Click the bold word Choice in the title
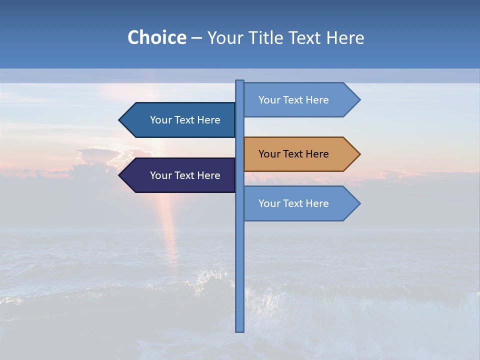coord(156,38)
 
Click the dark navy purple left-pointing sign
coord(180,175)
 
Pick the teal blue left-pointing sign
coord(180,120)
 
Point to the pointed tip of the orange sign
coord(359,154)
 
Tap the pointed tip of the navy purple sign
coord(120,175)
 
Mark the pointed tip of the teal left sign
coord(120,120)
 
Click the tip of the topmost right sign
coord(359,100)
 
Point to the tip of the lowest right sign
coord(359,203)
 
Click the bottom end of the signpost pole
coord(240,330)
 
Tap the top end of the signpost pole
coord(240,81)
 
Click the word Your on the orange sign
coord(269,154)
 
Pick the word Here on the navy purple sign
coord(208,175)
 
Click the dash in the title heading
coord(196,38)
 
